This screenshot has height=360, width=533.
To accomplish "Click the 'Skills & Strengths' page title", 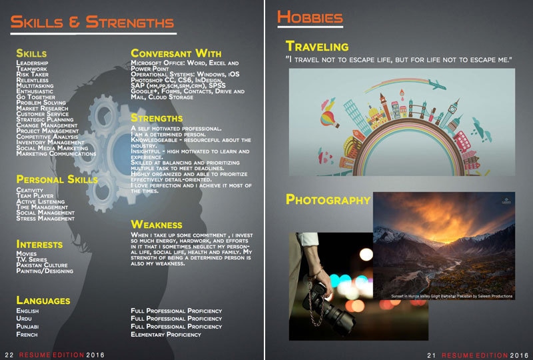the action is point(92,22).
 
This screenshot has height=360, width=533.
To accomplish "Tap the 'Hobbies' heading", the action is point(310,17).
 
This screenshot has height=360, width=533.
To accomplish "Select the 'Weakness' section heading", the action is point(157,225).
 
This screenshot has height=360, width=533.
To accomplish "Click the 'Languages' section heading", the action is point(43,301).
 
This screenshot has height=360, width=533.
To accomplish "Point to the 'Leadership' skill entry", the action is point(32,63).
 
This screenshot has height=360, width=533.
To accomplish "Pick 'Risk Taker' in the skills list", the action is point(32,74).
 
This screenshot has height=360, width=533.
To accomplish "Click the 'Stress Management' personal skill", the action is point(45,219).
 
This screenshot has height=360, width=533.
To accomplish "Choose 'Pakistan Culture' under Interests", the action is point(42,265).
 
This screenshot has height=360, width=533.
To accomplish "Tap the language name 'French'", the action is point(27,335).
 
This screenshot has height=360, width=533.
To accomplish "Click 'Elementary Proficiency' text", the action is point(166,335).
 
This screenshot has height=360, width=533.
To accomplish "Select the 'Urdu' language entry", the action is point(24,319).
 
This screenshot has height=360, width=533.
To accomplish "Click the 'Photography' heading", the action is point(328,199).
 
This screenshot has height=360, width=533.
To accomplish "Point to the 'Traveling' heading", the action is point(317,46).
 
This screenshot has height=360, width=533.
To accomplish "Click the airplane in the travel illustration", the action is point(437,85).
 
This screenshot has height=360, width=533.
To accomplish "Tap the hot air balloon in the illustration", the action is point(329,119).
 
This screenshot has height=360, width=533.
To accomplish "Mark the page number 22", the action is point(9,355).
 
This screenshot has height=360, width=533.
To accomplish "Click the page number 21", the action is point(431,355).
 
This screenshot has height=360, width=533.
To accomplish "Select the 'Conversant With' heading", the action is point(176,53).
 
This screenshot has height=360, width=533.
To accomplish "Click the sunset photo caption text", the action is point(452,296).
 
